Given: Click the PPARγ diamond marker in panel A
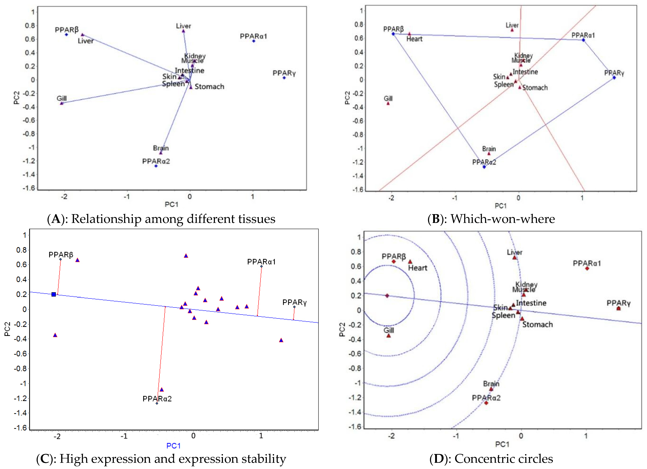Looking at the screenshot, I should [x=284, y=78].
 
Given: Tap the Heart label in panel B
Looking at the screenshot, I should [x=414, y=39].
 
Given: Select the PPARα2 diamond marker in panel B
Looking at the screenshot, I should [x=484, y=167].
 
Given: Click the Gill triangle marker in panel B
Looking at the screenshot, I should [x=388, y=103].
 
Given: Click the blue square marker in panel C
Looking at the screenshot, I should [x=54, y=294].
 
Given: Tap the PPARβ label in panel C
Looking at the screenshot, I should [x=61, y=255].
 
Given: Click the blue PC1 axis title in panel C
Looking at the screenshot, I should [x=173, y=446].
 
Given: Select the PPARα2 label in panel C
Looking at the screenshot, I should [x=157, y=399].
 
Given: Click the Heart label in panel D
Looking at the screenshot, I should [x=418, y=268].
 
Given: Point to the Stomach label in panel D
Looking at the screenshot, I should [x=537, y=325].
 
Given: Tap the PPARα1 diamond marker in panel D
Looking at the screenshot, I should [x=587, y=268].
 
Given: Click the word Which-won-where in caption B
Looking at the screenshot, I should [x=503, y=219].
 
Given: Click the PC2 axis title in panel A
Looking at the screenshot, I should [x=16, y=98].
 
